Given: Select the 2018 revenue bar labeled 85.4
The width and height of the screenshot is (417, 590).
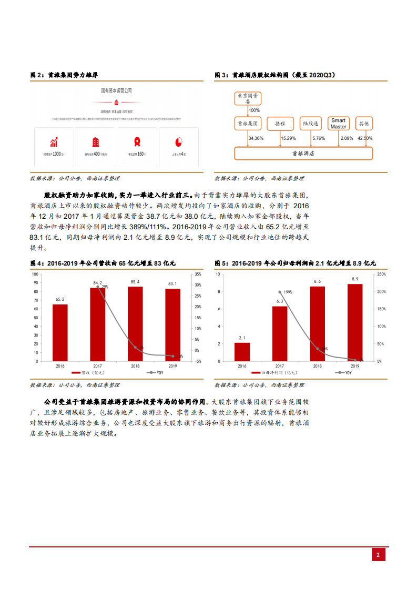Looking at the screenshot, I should [135, 323].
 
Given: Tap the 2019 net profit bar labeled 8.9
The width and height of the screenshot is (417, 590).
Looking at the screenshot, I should [355, 322].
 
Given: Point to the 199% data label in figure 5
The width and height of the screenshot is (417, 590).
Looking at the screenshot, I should [288, 292].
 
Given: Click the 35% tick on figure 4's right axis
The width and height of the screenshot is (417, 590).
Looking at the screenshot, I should [198, 274].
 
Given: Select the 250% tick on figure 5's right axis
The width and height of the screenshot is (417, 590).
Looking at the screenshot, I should [382, 274].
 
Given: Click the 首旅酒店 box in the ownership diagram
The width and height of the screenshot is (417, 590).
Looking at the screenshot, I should [303, 153].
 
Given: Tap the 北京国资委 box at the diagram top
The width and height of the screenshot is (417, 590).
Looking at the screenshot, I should [248, 99].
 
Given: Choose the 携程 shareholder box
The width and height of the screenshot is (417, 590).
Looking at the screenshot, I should [280, 124].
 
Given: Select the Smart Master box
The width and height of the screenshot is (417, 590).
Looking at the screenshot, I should [338, 124].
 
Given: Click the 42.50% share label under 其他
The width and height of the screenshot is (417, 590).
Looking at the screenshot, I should [364, 138].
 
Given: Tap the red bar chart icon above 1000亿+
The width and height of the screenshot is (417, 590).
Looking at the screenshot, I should [54, 142].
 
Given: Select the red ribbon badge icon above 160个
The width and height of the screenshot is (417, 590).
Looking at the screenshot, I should [137, 142].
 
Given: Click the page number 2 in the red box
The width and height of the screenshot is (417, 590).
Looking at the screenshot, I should [378, 555].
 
